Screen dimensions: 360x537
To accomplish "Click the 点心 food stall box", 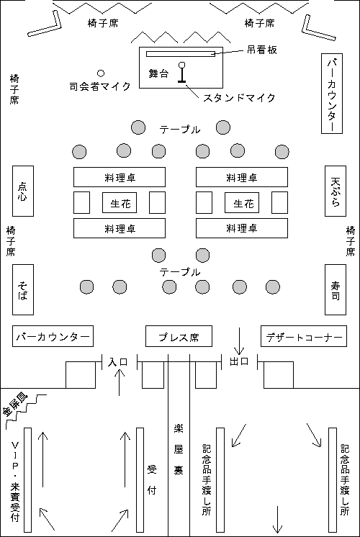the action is [x=23, y=191].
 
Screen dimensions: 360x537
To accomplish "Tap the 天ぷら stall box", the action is [x=336, y=191].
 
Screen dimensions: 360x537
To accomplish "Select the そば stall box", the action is [x=23, y=289].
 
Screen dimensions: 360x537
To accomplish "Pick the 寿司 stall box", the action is [x=336, y=289].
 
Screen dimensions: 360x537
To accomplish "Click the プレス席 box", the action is [x=179, y=336].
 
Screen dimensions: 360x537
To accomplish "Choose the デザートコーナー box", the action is [x=304, y=336].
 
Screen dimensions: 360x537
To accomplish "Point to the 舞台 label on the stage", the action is [x=158, y=73].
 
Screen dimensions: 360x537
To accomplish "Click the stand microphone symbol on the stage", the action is [x=182, y=72].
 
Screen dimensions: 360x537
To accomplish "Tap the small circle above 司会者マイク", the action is [x=101, y=73].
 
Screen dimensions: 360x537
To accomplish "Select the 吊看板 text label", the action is [x=261, y=50].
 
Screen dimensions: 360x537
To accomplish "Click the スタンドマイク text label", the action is [x=240, y=98].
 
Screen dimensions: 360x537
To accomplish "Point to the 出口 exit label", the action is [x=239, y=361].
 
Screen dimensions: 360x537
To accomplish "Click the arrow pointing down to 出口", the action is [x=239, y=340].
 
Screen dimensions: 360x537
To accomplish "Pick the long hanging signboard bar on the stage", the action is [x=181, y=54].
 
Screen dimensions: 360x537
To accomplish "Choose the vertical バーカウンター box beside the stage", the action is [x=332, y=93].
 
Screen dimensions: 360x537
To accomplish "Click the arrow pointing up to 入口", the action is [x=120, y=382].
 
